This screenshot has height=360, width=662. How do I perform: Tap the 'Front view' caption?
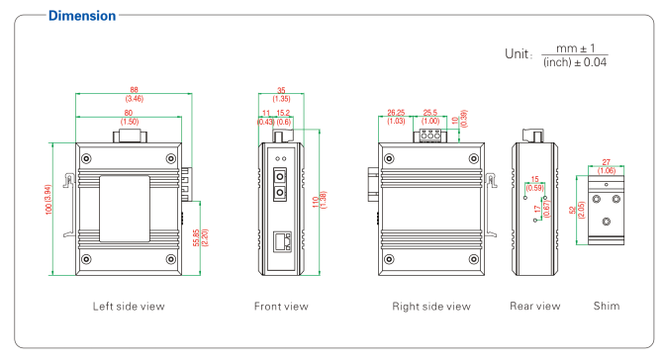[281, 307]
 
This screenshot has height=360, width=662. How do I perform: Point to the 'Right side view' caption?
[430, 307]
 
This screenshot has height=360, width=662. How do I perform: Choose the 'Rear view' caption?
[534, 307]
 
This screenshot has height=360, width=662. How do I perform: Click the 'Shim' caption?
[607, 307]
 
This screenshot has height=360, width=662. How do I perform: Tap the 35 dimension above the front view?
[280, 91]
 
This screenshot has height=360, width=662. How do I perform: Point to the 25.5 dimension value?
[430, 113]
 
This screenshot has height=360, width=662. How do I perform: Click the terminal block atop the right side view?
[430, 134]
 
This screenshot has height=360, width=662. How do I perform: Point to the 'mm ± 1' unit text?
[572, 45]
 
